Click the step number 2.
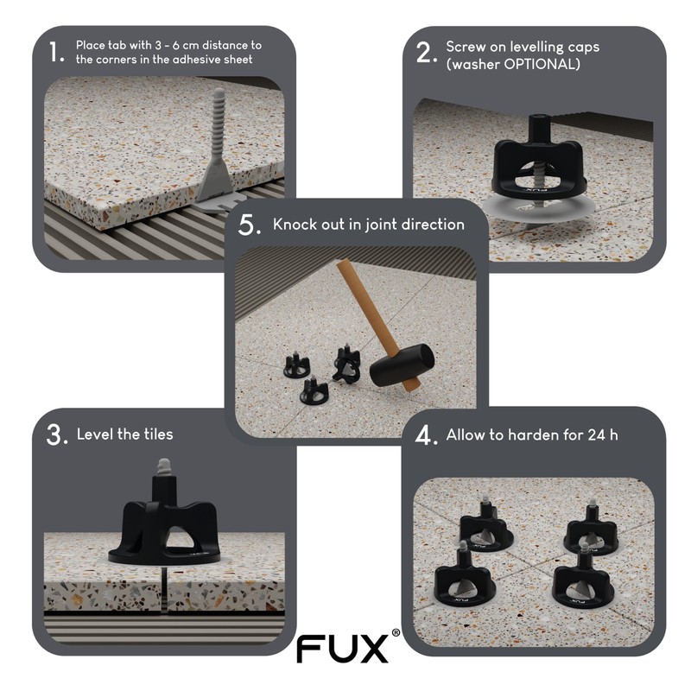click(424, 52)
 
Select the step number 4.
click(424, 434)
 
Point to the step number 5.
click(249, 225)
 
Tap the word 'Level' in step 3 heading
click(95, 434)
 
